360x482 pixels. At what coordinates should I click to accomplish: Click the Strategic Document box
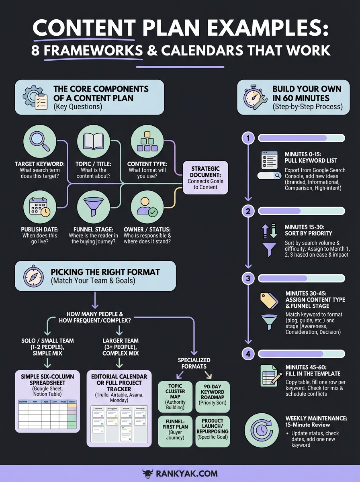pyautogui.click(x=205, y=178)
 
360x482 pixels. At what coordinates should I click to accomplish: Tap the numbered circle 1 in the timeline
pyautogui.click(x=248, y=139)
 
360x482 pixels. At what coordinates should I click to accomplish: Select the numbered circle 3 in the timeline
pyautogui.click(x=248, y=278)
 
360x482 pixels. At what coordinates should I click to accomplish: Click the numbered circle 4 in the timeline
pyautogui.click(x=248, y=354)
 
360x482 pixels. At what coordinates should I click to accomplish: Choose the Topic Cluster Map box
pyautogui.click(x=175, y=397)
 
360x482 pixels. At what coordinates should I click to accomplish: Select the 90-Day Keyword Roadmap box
pyautogui.click(x=213, y=397)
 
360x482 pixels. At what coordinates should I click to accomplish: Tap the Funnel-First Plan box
pyautogui.click(x=175, y=431)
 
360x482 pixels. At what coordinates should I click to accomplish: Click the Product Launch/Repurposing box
pyautogui.click(x=213, y=431)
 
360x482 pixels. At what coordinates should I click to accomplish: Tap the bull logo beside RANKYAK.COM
pyautogui.click(x=147, y=473)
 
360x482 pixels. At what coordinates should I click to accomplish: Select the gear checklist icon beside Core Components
pyautogui.click(x=35, y=97)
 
